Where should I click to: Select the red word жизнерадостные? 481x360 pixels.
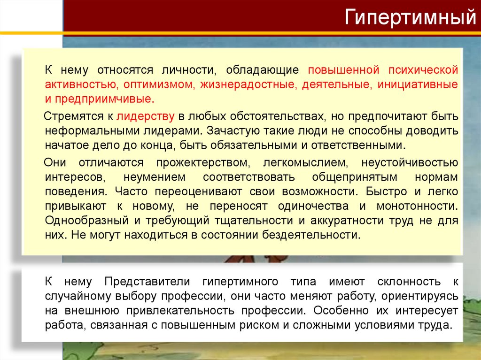pos(240,85)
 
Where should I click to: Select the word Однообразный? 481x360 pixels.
pos(87,220)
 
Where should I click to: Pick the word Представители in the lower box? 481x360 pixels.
pos(147,282)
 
